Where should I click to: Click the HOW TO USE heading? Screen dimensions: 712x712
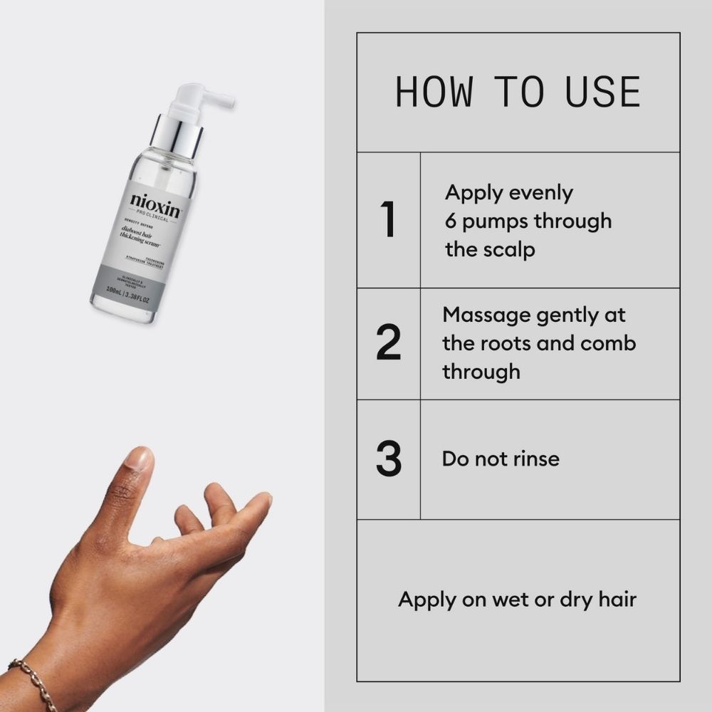[518, 92]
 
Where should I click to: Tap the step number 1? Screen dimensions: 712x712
[388, 220]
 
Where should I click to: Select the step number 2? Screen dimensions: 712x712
[388, 343]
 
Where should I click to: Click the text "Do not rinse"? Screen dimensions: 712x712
[501, 459]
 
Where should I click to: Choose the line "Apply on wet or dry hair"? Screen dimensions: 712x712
[517, 599]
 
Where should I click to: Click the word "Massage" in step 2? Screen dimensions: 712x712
[481, 314]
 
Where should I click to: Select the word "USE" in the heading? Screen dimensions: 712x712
[602, 92]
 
